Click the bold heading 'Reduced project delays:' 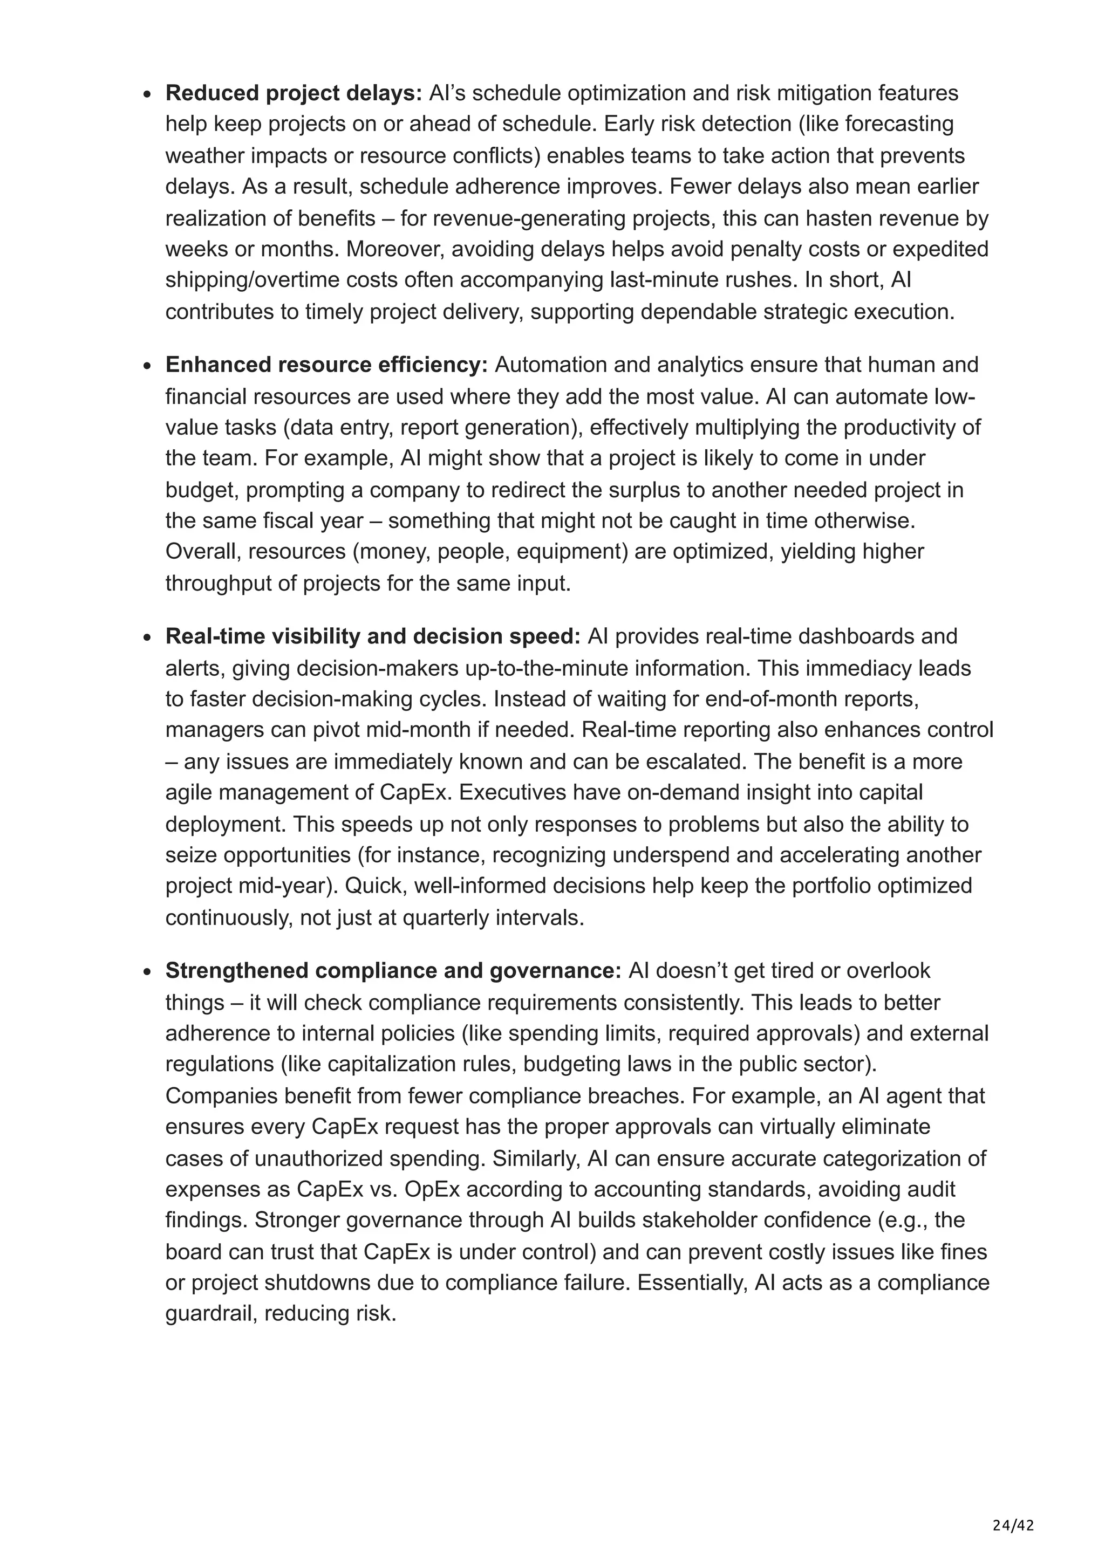click(x=294, y=93)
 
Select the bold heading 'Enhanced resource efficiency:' click(x=326, y=365)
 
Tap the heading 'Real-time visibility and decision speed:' click(x=372, y=636)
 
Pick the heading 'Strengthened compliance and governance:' click(x=393, y=971)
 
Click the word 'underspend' click(x=643, y=855)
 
